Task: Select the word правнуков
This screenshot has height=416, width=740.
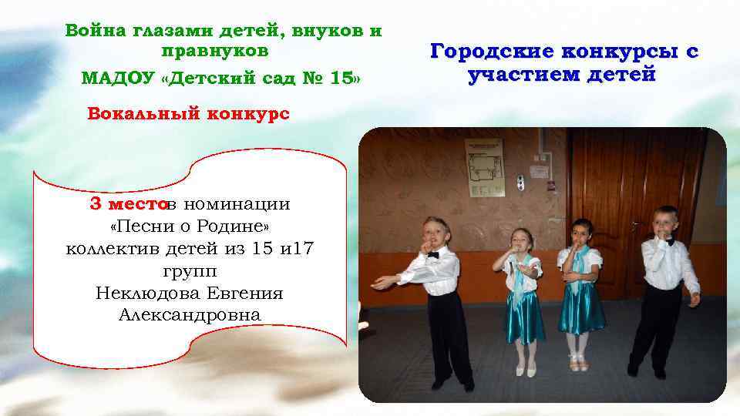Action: click(x=215, y=51)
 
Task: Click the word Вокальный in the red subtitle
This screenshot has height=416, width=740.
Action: click(x=133, y=113)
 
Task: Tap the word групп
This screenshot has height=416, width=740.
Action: click(x=190, y=271)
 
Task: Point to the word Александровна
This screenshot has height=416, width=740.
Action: click(x=190, y=316)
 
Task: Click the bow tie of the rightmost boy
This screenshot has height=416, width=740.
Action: click(x=668, y=242)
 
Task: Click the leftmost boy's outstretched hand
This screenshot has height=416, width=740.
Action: click(x=378, y=283)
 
